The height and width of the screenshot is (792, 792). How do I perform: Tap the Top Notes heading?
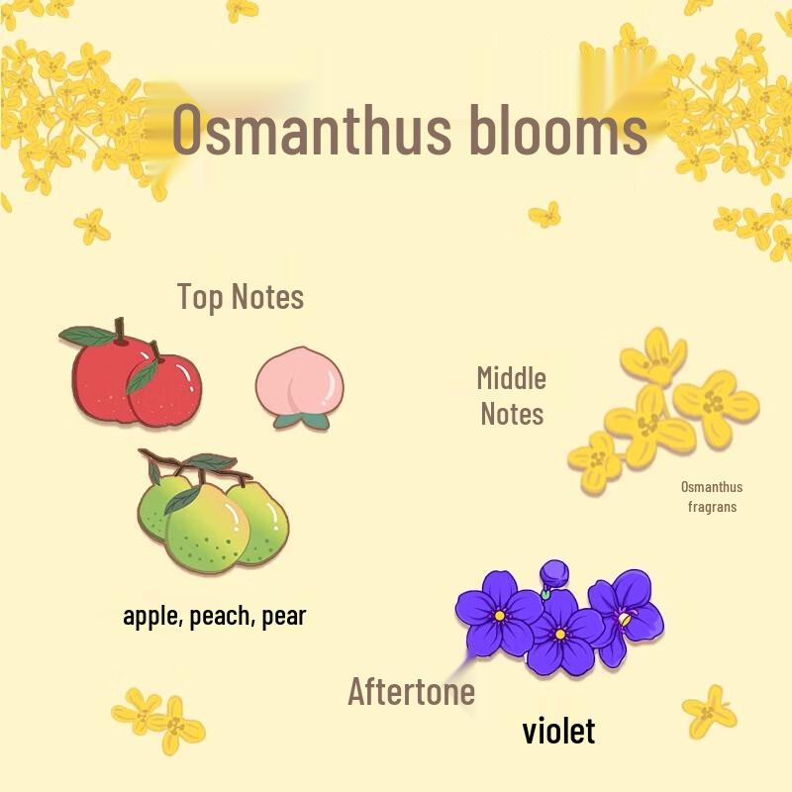coord(241,296)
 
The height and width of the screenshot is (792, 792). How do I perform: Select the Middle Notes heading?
coord(512,395)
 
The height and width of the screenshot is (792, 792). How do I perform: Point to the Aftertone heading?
coord(411,691)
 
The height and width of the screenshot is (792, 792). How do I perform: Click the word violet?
coord(558,732)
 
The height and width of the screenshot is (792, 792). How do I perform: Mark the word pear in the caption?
coord(284,616)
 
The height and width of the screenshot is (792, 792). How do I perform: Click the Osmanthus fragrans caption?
coord(712,496)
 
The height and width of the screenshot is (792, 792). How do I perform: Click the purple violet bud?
coord(554,572)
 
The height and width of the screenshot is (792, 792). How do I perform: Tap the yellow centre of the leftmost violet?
coord(500,615)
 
